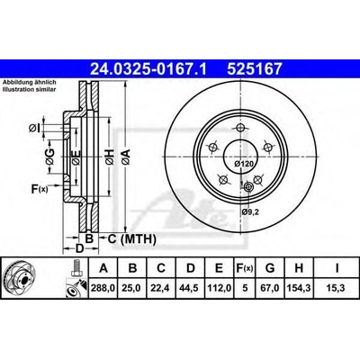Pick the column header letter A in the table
(x=105, y=266)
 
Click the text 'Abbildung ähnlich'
(x=29, y=83)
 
